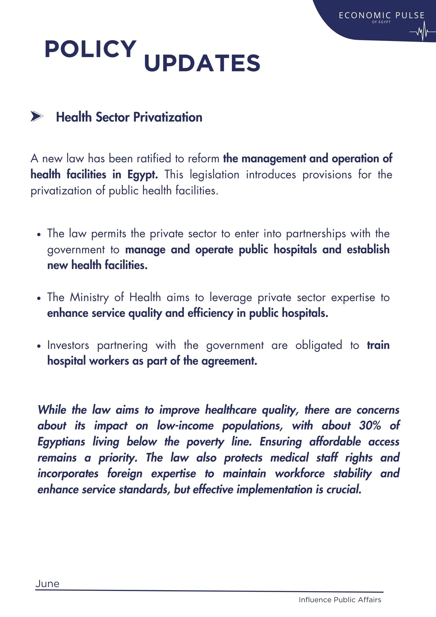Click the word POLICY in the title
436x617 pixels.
91,49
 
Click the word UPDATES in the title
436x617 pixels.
202,64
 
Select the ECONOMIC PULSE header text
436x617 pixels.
382,15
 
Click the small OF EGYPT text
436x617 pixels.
381,22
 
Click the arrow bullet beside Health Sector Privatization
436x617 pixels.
37,117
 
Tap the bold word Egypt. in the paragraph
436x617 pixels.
143,175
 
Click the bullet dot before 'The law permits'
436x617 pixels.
39,234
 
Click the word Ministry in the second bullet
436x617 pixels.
89,297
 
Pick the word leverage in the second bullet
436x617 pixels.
231,298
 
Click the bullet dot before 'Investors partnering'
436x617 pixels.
39,346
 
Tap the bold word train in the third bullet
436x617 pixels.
378,345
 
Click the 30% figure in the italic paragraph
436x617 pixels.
370,426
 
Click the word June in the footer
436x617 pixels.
47,584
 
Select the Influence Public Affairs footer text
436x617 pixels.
340,600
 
